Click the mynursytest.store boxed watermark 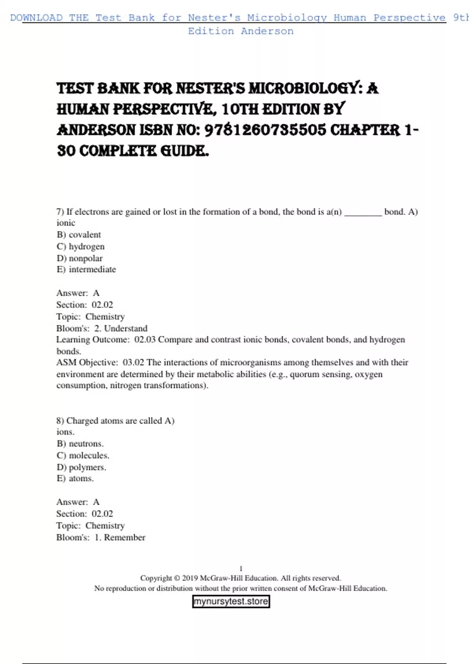(231, 601)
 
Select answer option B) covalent (79, 234)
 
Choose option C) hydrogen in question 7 (81, 246)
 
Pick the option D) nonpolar (80, 258)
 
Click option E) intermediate (86, 270)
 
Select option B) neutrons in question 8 (80, 444)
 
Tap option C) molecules (83, 455)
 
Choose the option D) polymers (81, 467)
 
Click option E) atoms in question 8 (75, 478)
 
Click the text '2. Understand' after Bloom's (121, 328)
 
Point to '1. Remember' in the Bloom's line (120, 537)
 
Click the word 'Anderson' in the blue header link (267, 31)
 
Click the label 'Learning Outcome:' (93, 339)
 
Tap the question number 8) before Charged (60, 421)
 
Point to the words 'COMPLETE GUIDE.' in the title (144, 151)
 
